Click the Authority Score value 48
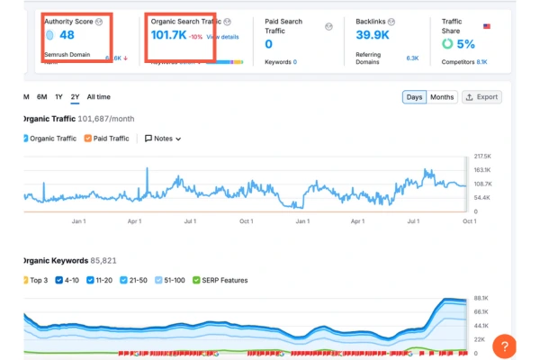click(66, 36)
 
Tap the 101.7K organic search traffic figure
click(168, 36)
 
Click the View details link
click(222, 37)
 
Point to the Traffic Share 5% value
click(464, 43)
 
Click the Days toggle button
click(414, 96)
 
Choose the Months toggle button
click(442, 96)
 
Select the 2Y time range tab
click(75, 96)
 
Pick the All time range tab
click(98, 96)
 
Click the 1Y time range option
click(58, 96)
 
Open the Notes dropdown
click(162, 139)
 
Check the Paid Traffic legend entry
click(106, 139)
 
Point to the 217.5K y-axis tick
click(481, 156)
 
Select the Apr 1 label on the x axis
click(134, 220)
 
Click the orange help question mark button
click(506, 346)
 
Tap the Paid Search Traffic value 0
click(268, 43)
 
